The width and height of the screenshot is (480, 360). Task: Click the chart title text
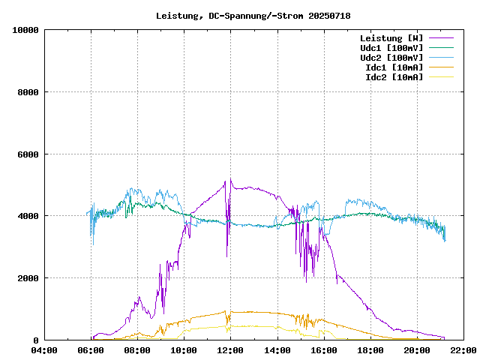coord(253,16)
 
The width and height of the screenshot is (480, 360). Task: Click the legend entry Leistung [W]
coord(391,38)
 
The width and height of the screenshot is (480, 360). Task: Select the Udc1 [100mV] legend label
coord(391,48)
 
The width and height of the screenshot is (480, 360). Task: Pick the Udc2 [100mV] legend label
coord(391,58)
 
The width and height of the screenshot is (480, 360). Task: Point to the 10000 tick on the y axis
coord(26,30)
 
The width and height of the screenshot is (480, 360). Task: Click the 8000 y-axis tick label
coord(28,92)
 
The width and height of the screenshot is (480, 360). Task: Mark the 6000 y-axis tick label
coord(28,154)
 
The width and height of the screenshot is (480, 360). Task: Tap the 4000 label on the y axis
coord(28,216)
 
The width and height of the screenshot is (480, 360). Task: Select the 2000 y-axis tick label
coord(28,278)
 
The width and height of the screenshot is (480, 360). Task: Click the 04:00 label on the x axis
coord(45,350)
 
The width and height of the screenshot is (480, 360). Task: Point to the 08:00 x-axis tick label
coord(138,350)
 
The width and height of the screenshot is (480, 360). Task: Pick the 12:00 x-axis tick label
coord(231,350)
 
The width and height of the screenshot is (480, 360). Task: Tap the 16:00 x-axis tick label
coord(324,350)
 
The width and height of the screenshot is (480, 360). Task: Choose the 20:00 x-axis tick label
coord(417,350)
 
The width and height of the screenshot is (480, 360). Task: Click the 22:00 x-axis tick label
coord(463,350)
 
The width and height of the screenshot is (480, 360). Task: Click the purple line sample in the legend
coord(441,38)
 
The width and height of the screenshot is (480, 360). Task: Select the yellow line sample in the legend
coord(441,77)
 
